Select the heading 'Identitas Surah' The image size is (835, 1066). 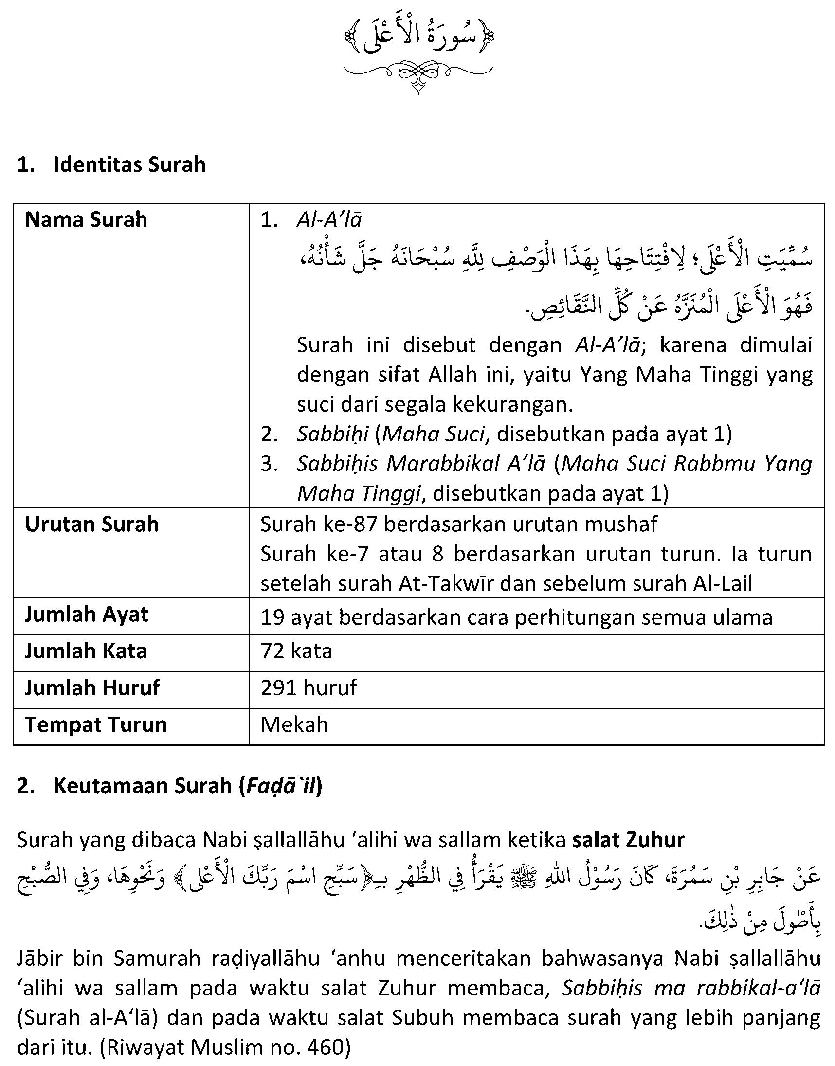point(129,165)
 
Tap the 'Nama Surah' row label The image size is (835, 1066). point(86,220)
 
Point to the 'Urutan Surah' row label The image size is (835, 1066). point(92,524)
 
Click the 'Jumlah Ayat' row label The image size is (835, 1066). point(86,615)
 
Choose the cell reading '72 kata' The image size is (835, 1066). point(296,651)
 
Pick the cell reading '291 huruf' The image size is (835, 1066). point(309,688)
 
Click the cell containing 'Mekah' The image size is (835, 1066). point(294,725)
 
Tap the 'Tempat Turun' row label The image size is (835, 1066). point(96,725)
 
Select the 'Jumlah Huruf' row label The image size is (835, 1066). point(92,688)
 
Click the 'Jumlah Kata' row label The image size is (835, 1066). point(86,651)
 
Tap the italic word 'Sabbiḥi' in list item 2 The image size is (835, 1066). point(332,434)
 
